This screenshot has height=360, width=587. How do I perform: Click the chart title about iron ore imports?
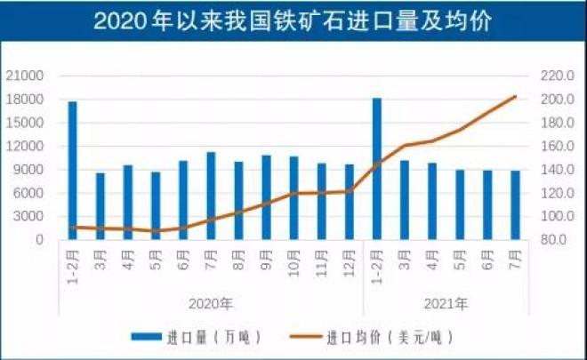coord(293,20)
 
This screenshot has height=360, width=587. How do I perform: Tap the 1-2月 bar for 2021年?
coord(377,169)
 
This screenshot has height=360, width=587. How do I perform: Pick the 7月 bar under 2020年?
coord(211,196)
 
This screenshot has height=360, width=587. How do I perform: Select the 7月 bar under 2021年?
coord(516,205)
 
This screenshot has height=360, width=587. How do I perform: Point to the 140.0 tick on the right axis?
coord(552,170)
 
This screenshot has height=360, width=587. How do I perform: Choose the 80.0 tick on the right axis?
coord(552,240)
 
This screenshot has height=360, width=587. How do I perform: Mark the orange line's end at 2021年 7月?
coord(516,96)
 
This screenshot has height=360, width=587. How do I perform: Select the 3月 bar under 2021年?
coord(405,200)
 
